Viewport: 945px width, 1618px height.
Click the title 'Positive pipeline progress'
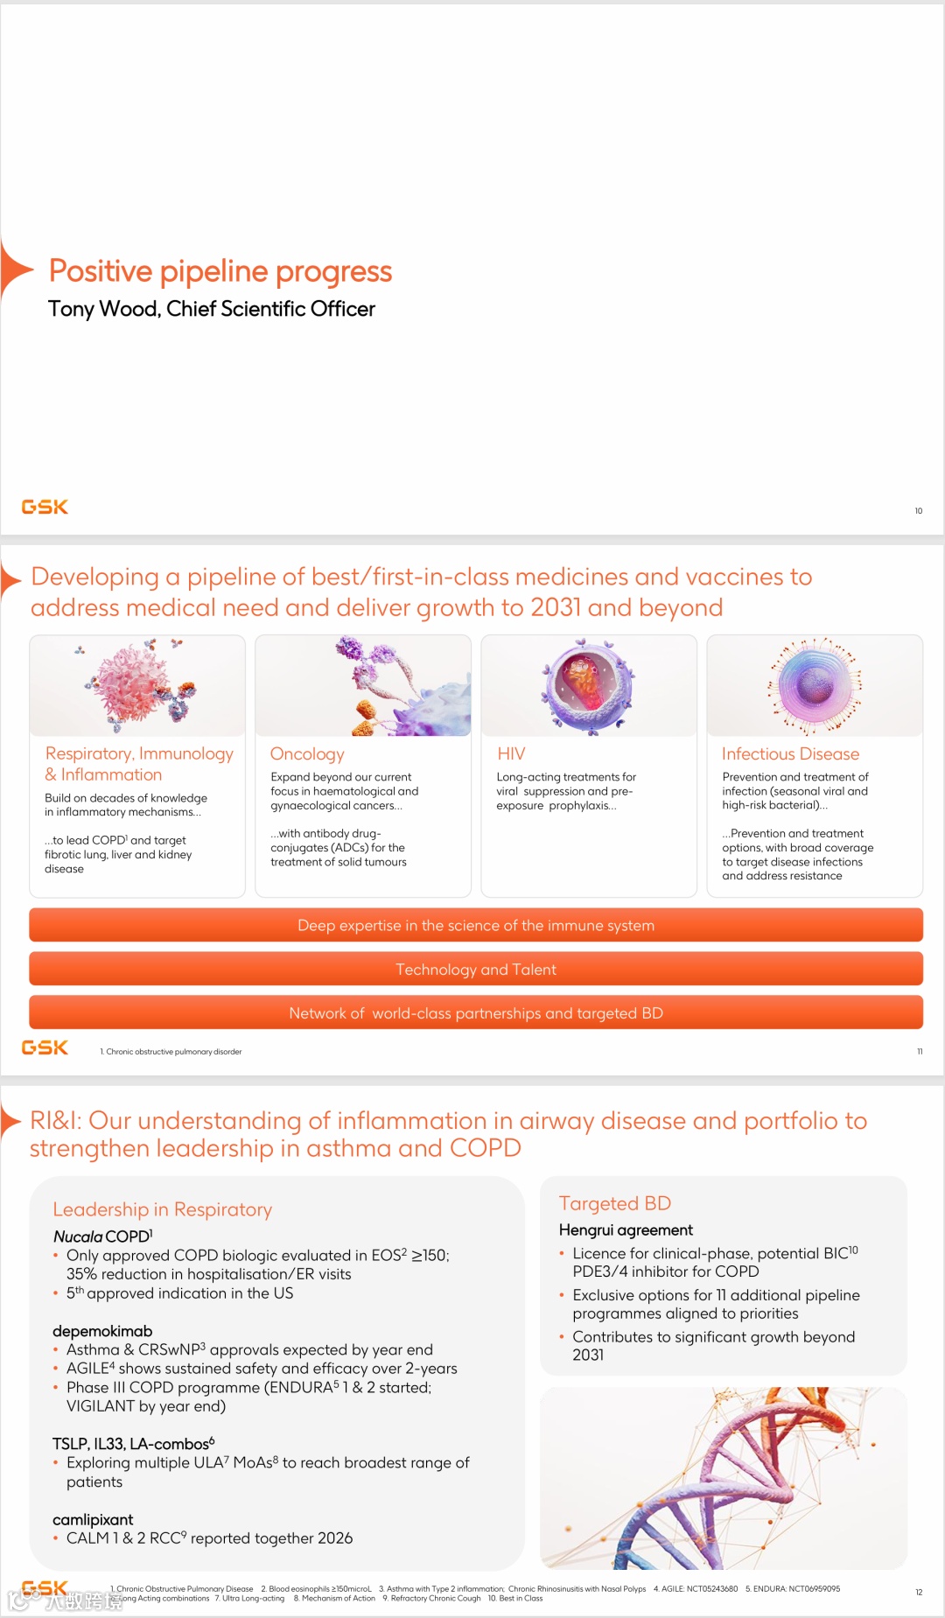pyautogui.click(x=220, y=271)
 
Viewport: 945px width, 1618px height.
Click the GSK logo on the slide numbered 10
pyautogui.click(x=45, y=507)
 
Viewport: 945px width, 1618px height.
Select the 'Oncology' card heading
pyautogui.click(x=307, y=753)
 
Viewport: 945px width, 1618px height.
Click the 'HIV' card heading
pyautogui.click(x=511, y=753)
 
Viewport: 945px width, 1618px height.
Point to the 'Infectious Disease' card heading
pyautogui.click(x=790, y=753)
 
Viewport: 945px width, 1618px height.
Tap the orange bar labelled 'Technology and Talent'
pyautogui.click(x=475, y=970)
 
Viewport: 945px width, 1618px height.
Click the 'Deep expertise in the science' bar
pyautogui.click(x=475, y=926)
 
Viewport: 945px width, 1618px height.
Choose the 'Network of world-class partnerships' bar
pyautogui.click(x=475, y=1013)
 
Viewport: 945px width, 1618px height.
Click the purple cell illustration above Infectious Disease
pyautogui.click(x=815, y=684)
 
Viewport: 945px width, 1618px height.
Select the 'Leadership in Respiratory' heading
pyautogui.click(x=162, y=1209)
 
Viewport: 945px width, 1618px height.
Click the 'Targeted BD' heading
pyautogui.click(x=614, y=1203)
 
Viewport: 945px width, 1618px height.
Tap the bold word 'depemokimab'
pyautogui.click(x=102, y=1331)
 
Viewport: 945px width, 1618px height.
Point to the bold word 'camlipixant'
pyautogui.click(x=93, y=1519)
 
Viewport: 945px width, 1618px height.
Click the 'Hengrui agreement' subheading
pyautogui.click(x=626, y=1229)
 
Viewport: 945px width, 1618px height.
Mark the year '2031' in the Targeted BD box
pyautogui.click(x=588, y=1355)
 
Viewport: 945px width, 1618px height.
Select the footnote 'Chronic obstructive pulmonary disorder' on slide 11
pyautogui.click(x=173, y=1052)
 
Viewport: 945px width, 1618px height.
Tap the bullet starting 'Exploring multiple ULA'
pyautogui.click(x=268, y=1471)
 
